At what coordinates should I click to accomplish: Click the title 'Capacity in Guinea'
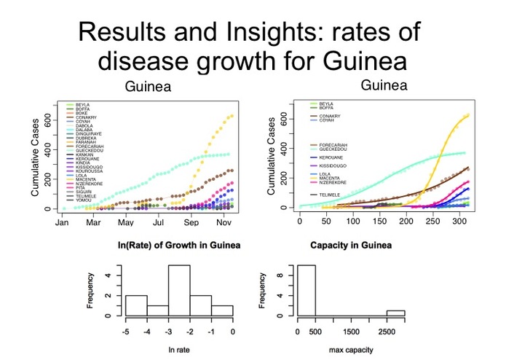[x=349, y=245]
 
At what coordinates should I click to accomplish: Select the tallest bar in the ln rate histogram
[x=179, y=290]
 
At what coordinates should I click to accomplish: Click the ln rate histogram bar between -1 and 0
[x=221, y=310]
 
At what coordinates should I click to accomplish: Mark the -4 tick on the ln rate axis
[x=147, y=332]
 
